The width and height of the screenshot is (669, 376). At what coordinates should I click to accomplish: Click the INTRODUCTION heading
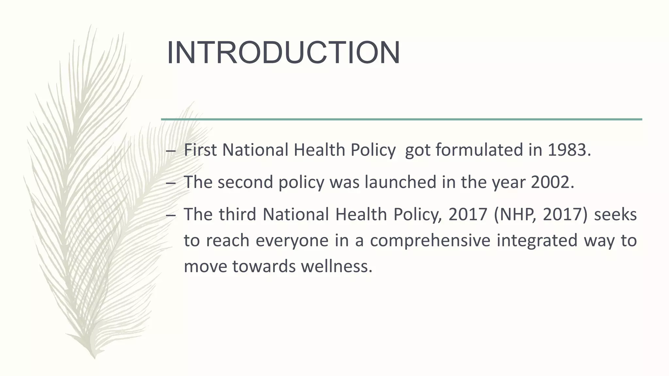coord(283,53)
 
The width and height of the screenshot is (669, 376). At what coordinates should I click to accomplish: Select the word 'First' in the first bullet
coord(200,150)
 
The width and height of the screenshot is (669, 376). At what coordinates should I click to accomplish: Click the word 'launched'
coord(400,182)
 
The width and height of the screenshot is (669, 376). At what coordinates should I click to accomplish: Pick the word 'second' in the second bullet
coord(245,182)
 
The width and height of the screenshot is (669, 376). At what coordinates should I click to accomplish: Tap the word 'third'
coord(237,214)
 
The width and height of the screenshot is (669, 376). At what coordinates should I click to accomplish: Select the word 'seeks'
coord(615,214)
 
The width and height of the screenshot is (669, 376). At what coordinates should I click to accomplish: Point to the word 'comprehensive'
coord(430,241)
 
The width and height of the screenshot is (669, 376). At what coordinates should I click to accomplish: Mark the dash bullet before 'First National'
coord(170,151)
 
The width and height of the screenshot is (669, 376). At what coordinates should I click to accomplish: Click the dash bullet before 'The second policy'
coord(170,183)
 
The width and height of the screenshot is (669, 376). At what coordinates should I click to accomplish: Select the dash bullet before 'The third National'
coord(170,215)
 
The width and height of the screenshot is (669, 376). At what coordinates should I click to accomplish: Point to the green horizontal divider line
coord(401,119)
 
